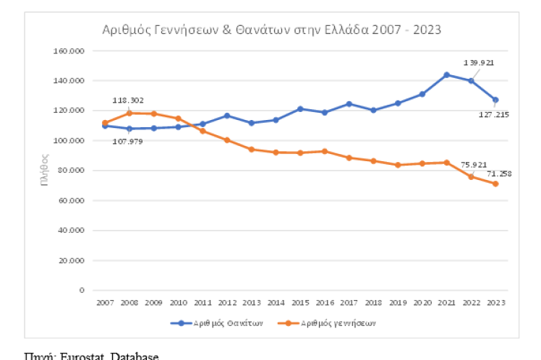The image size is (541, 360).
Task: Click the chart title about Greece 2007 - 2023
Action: click(270, 30)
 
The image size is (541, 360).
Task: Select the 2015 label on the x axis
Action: click(301, 302)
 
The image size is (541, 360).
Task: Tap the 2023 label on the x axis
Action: click(495, 302)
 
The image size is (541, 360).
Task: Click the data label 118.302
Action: click(128, 100)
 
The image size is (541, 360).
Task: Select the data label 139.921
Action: click(479, 63)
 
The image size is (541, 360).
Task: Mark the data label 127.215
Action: click(494, 113)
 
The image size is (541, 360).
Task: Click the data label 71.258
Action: click(498, 175)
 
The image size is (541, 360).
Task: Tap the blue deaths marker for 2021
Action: click(446, 74)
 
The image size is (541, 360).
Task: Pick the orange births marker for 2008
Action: click(129, 113)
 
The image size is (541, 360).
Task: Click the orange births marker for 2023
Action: click(495, 184)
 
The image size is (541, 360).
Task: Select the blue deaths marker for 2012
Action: click(226, 116)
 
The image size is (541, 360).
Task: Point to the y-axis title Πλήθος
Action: click(45, 171)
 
